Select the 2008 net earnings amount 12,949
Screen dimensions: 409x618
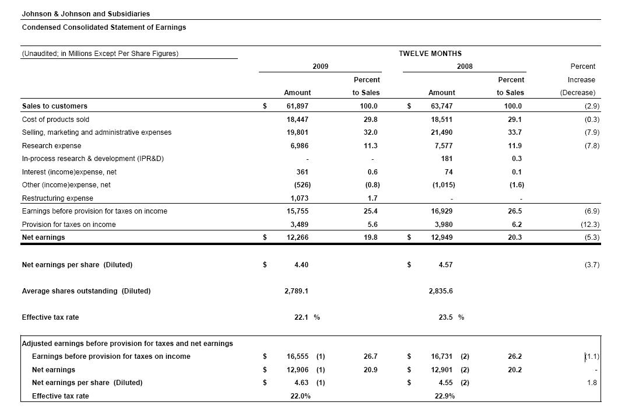(x=441, y=237)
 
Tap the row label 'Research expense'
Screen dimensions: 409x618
(x=51, y=146)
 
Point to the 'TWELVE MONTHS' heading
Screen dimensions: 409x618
(x=430, y=54)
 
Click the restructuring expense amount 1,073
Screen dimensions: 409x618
(x=299, y=198)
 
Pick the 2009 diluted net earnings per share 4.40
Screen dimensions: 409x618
(x=301, y=265)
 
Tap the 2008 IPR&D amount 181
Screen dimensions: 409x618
(x=446, y=159)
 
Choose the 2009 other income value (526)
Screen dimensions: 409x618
(x=300, y=185)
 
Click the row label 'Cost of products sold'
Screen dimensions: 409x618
(x=55, y=119)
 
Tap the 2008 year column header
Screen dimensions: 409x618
(x=465, y=67)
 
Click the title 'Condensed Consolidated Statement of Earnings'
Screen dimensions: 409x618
(x=104, y=27)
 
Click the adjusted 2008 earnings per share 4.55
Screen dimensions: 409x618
(x=445, y=383)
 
